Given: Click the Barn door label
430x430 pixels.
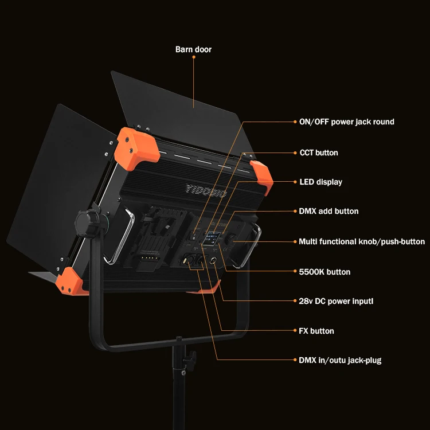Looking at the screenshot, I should point(193,49).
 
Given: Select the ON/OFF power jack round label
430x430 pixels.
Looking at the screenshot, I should point(347,122).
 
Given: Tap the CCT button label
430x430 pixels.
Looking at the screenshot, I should point(319,153).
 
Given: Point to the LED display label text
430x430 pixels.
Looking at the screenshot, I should point(320,182).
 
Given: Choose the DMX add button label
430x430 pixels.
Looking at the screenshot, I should point(329,211).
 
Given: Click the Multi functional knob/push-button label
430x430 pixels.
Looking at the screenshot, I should point(362,241).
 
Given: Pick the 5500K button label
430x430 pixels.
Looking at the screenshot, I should point(325,272).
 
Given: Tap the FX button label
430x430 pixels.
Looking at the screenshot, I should point(316,331).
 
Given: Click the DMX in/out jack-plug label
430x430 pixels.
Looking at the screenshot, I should point(340,360).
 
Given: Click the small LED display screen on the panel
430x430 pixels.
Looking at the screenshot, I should point(212,238).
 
